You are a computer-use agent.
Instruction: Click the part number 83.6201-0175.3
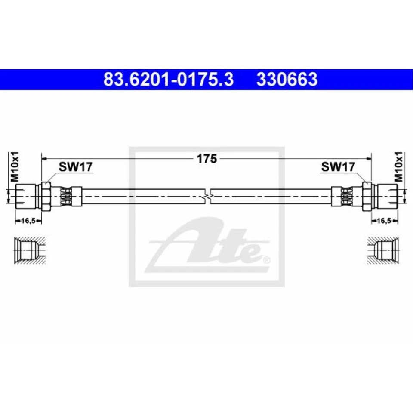coord(168,80)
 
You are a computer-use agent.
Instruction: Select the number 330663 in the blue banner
coord(287,80)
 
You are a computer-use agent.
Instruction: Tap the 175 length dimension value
coord(206,159)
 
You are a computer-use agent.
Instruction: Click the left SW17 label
coord(76,167)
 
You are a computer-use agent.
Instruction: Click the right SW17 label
coord(338,167)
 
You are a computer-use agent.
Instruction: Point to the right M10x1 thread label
coord(398,166)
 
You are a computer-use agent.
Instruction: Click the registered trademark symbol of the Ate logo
coord(266,260)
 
